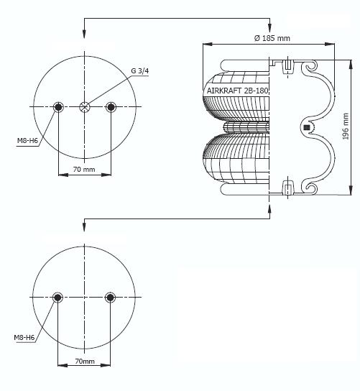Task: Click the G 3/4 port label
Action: (x=139, y=71)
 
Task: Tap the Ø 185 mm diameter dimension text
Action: (x=272, y=38)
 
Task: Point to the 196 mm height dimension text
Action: (x=346, y=126)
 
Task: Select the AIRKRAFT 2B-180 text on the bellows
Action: (x=238, y=91)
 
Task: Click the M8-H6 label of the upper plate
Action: (x=27, y=141)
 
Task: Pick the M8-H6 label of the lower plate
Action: (x=24, y=338)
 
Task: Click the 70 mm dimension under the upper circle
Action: (x=84, y=170)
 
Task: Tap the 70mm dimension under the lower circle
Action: (x=85, y=361)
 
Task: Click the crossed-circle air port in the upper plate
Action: (x=85, y=107)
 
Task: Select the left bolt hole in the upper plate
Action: (x=58, y=107)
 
